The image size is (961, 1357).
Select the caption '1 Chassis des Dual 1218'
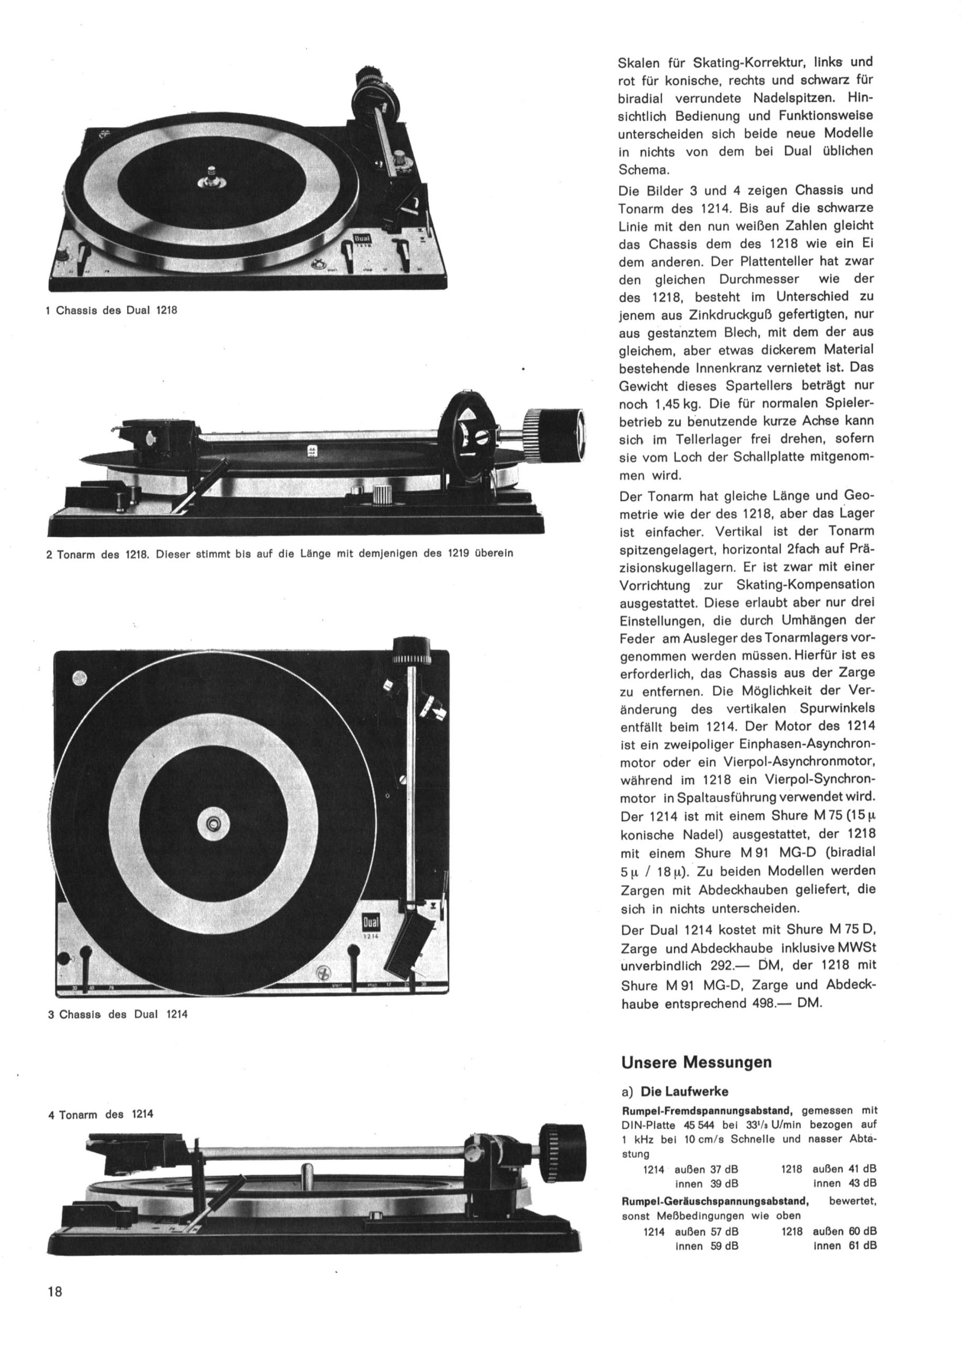pyautogui.click(x=112, y=310)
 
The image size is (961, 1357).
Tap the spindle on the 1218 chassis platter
pyautogui.click(x=209, y=177)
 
